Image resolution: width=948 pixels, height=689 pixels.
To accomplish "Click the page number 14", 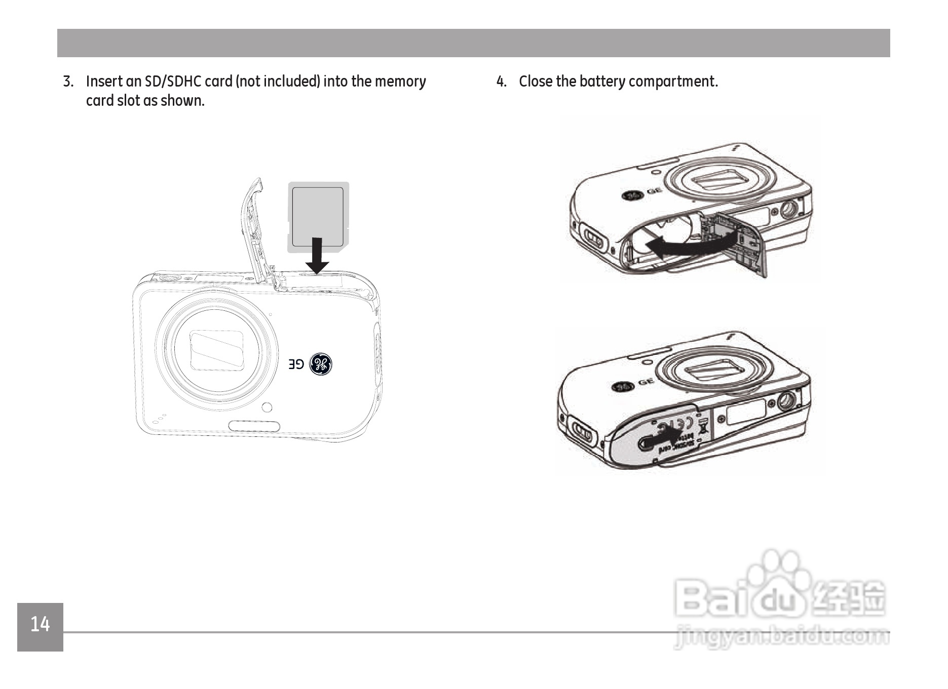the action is [x=40, y=624].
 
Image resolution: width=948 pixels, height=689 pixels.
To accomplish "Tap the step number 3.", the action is [x=68, y=82].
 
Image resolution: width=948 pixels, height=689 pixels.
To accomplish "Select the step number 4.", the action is [x=501, y=82].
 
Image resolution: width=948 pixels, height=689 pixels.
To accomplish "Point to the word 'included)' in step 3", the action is [x=293, y=82].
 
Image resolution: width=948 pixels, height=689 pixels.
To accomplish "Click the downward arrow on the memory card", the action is [x=317, y=256].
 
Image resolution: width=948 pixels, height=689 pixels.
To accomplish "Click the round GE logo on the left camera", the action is [x=320, y=363].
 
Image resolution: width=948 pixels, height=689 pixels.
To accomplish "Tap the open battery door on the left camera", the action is [x=257, y=228].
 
